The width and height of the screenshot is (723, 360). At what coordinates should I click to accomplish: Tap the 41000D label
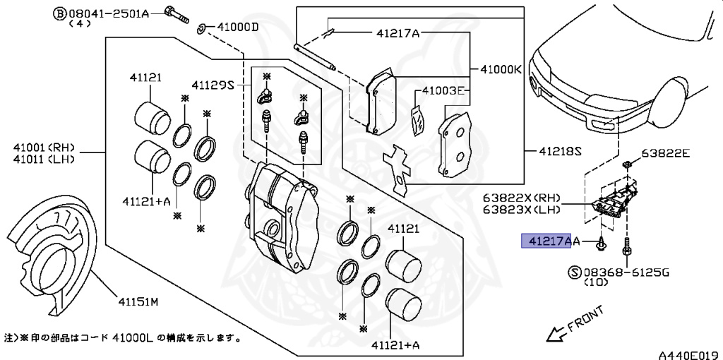tap(238, 28)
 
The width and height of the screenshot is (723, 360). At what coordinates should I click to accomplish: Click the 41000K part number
tap(501, 70)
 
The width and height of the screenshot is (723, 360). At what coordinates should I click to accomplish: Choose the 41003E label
tap(444, 91)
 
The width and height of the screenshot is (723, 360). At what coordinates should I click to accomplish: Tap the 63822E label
tap(666, 152)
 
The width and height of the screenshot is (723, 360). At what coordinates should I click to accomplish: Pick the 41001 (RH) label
tap(43, 148)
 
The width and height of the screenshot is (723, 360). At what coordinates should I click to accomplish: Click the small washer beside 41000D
tap(201, 28)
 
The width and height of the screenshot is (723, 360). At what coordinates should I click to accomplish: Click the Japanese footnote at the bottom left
tap(124, 338)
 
